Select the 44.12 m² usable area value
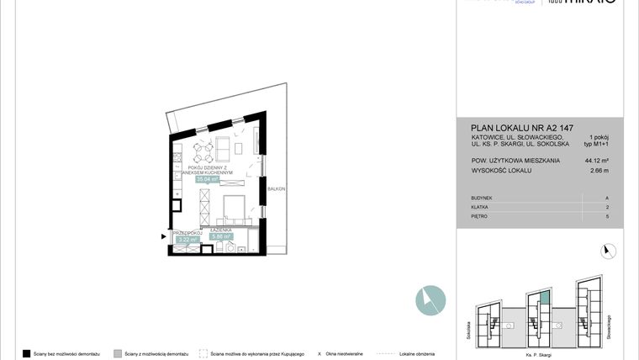595,158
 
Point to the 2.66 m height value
597,170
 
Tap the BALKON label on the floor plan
277,189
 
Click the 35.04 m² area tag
208,179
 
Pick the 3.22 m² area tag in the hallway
187,240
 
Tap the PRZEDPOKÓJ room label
186,232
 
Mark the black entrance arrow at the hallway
165,237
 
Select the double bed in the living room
235,207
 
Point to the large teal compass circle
430,299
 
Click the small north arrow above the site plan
609,250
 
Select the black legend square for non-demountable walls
27,353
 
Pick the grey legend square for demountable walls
118,353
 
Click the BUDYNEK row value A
606,198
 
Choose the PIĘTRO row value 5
606,216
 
